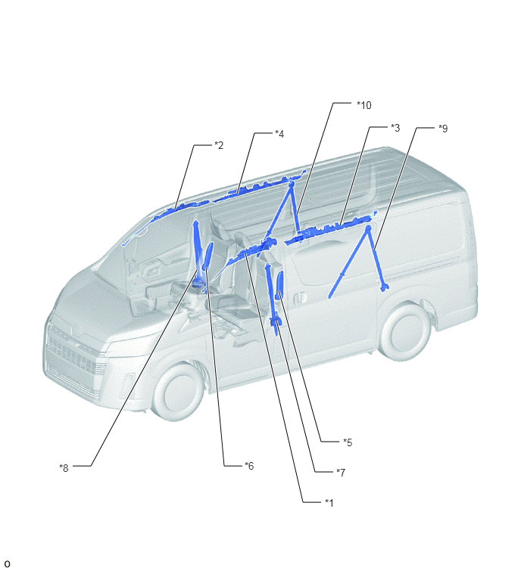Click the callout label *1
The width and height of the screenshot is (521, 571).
click(329, 503)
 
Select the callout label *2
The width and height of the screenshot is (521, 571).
click(219, 145)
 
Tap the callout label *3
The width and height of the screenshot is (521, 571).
click(395, 128)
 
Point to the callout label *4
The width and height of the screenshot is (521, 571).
click(279, 134)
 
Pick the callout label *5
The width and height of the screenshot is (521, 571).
click(348, 442)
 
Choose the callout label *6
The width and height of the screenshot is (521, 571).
click(249, 466)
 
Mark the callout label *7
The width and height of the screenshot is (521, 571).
click(341, 473)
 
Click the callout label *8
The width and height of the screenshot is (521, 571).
click(64, 468)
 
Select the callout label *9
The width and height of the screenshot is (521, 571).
click(443, 129)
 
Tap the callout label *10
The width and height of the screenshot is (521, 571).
click(363, 105)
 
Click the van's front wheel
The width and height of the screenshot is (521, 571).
click(177, 393)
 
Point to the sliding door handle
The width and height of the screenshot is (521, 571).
click(299, 298)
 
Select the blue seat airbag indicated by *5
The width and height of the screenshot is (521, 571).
click(279, 286)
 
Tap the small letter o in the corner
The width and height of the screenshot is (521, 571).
click(7, 563)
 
